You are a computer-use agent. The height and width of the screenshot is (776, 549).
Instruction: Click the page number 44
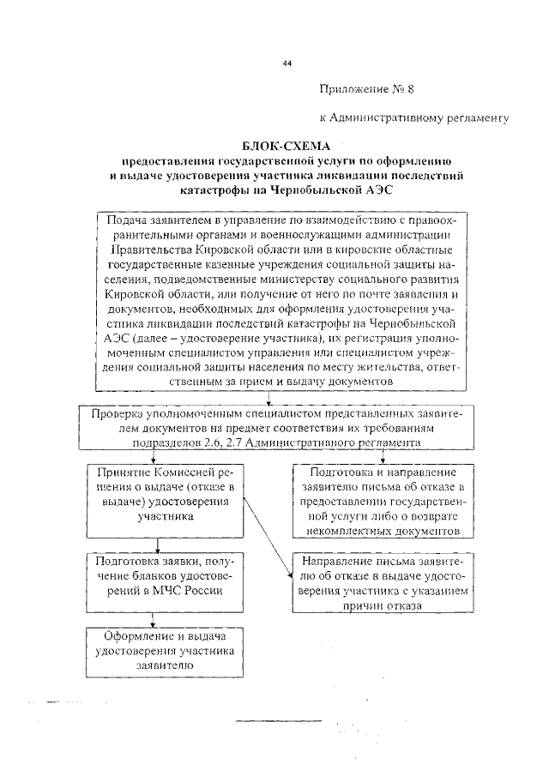287,64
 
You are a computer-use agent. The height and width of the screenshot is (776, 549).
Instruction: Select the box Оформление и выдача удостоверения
164,651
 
